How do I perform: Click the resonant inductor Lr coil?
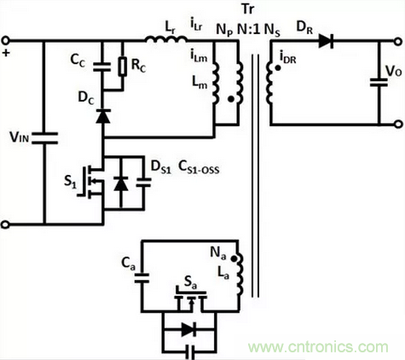pos(167,39)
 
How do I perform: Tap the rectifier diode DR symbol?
pos(326,41)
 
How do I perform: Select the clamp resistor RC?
pos(123,67)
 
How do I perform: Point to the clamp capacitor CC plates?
pos(102,67)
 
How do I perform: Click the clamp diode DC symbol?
pos(103,116)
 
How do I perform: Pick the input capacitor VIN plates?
pos(44,138)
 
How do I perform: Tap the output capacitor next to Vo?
pos(379,82)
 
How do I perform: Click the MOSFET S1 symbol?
pos(90,182)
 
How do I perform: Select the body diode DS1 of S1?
pos(121,183)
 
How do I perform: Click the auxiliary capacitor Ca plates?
pos(142,278)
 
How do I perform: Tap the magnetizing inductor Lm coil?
pos(216,83)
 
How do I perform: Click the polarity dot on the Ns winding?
pos(278,68)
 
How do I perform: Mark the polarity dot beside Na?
pos(234,258)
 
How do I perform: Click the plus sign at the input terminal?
pos(6,53)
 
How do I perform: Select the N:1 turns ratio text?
pos(249,29)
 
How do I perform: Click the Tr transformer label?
pos(247,9)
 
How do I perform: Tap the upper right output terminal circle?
pos(398,42)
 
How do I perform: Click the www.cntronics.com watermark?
pos(318,347)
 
